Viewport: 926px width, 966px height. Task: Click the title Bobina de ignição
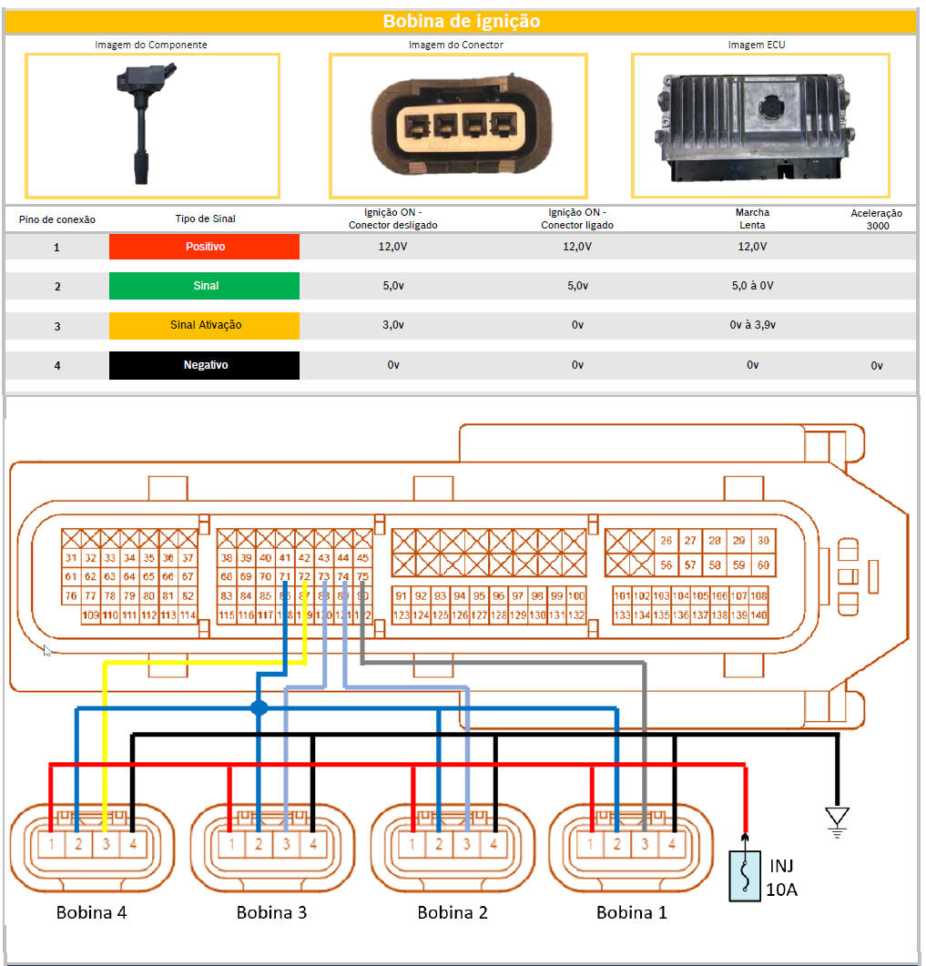click(461, 21)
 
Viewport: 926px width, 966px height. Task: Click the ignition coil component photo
click(151, 124)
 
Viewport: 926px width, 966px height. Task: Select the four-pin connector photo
click(458, 126)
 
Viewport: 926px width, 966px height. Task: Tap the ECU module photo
click(760, 124)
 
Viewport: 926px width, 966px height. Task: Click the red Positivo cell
click(204, 247)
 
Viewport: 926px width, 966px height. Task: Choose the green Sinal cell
click(204, 286)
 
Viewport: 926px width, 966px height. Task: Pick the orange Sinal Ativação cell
click(204, 325)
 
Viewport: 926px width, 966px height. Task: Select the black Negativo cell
click(204, 365)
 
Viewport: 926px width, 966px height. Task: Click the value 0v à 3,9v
click(753, 325)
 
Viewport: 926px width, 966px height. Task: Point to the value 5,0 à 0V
click(753, 286)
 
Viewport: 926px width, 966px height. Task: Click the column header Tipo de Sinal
click(205, 219)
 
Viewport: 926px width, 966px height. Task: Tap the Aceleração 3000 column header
click(876, 219)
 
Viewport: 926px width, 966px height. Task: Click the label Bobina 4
click(91, 912)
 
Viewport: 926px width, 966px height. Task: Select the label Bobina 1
click(631, 912)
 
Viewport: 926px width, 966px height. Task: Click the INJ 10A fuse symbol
click(745, 876)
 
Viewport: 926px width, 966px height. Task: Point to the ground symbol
click(836, 818)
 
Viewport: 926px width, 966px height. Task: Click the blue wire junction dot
click(259, 707)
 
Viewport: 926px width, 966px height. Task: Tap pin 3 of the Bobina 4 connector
click(106, 844)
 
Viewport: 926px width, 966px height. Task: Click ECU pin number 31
click(71, 558)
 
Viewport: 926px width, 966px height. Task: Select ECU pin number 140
click(758, 616)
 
